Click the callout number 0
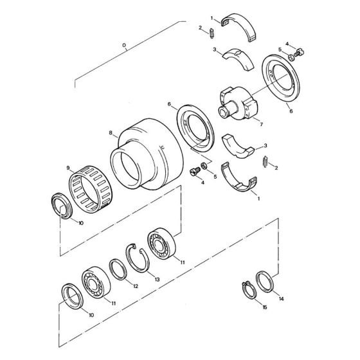pyautogui.click(x=124, y=46)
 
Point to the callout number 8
pyautogui.click(x=111, y=134)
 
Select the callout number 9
pyautogui.click(x=67, y=168)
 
